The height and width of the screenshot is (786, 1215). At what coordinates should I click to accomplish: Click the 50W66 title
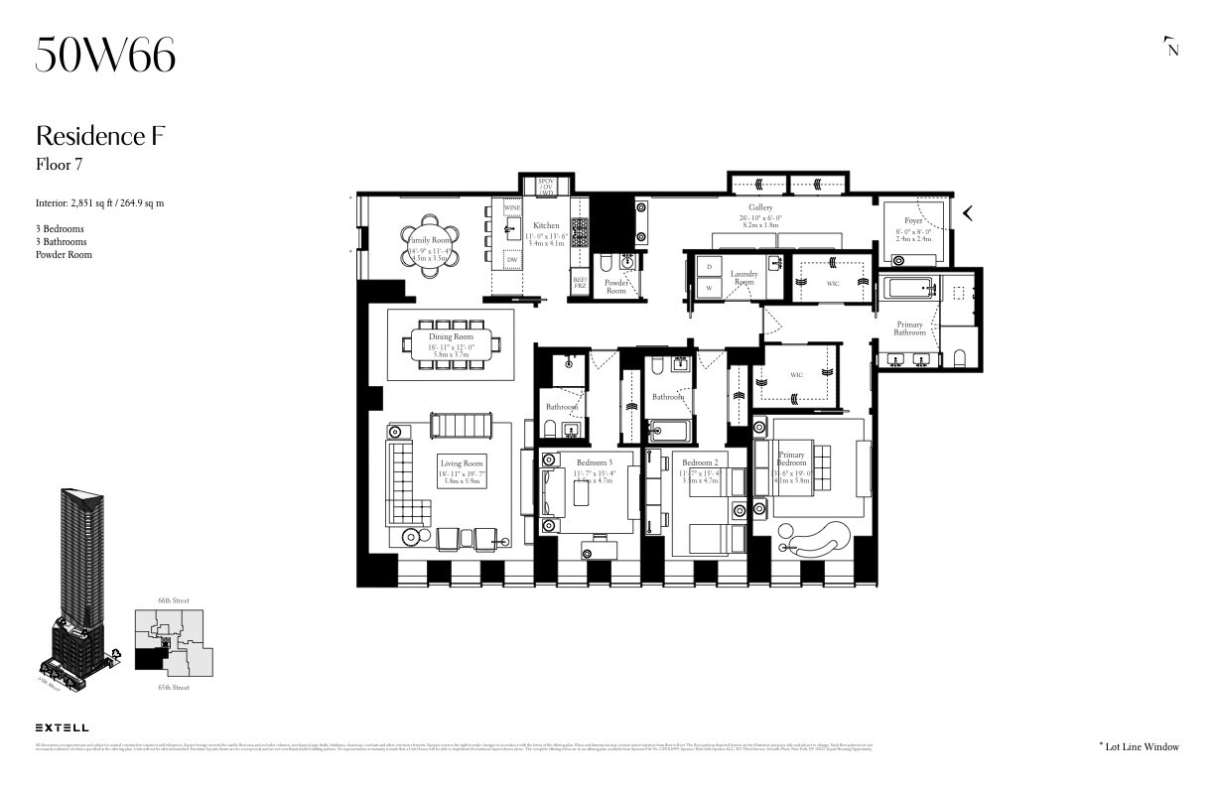pos(105,55)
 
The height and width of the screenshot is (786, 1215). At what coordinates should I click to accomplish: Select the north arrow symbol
pos(1172,47)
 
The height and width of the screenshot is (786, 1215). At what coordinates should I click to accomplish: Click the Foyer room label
pos(913,220)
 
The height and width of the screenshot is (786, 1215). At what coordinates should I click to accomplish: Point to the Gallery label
pos(760,207)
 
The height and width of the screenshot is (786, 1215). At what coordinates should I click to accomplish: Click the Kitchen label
pos(546,226)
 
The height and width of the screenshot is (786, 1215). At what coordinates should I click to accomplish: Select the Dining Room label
pos(452,337)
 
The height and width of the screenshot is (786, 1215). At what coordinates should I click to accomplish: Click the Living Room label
pos(462,463)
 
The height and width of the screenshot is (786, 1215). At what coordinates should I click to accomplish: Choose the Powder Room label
pos(616,287)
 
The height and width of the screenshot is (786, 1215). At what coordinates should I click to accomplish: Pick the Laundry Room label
pos(743,278)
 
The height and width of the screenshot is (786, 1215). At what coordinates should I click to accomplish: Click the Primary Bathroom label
pos(909,328)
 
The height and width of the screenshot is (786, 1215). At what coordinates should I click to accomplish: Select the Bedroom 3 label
pos(595,462)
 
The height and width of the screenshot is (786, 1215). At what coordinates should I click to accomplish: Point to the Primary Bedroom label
pos(791,458)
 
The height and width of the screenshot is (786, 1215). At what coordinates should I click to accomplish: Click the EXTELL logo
pos(62,727)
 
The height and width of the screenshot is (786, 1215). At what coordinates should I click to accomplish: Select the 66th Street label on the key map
pos(173,600)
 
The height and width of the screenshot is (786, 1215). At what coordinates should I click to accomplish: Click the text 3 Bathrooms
pos(61,241)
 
